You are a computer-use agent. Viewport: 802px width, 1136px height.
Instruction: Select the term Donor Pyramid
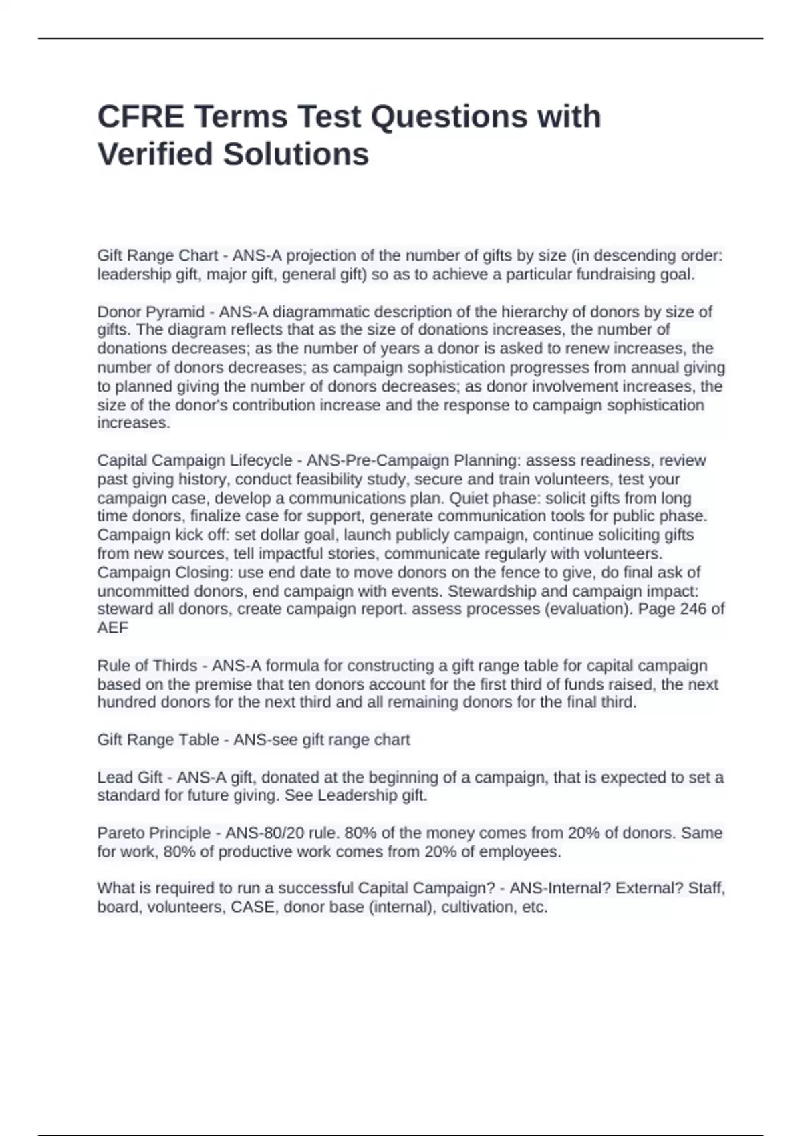(151, 311)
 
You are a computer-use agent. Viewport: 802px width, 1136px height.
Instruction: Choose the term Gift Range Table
(158, 740)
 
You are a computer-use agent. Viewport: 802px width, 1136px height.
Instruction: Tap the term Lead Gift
(130, 777)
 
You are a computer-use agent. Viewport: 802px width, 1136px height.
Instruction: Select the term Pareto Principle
(154, 833)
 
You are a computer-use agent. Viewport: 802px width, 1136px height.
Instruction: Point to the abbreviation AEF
(112, 628)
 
